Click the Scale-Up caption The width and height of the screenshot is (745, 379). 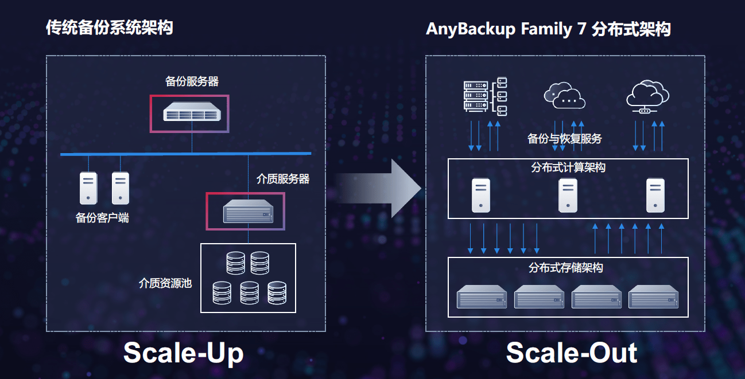pos(184,353)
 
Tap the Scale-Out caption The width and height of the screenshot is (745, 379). pos(572,353)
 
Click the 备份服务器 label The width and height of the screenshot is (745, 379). pos(192,81)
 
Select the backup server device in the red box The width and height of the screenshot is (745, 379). pos(192,112)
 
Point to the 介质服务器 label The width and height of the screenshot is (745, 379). pos(283,179)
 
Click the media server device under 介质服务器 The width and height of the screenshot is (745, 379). pos(248,211)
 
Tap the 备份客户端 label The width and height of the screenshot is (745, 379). pos(102,218)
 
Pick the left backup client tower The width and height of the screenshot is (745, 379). pos(88,188)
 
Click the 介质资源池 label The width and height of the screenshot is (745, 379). pos(165,283)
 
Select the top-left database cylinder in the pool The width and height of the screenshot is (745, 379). pos(235,263)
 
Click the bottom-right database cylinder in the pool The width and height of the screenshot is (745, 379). pos(277,293)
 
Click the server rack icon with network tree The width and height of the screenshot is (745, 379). pos(485,96)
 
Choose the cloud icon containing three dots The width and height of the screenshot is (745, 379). pos(564,96)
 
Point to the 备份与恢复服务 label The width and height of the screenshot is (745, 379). pos(565,139)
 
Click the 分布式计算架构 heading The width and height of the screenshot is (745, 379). pos(568,167)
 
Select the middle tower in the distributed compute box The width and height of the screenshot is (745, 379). pos(568,196)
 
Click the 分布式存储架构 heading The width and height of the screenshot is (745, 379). pos(566,268)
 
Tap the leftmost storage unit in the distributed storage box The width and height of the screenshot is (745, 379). pos(482,296)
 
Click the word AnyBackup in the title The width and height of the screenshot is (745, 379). pos(471,29)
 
